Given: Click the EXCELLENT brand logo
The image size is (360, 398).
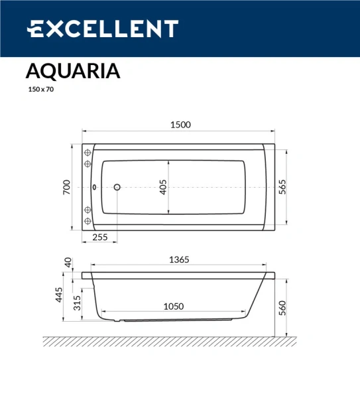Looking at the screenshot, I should pos(102,29).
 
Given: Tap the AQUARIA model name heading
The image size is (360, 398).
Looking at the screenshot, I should pos(73,71).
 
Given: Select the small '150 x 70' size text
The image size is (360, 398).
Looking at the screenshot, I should pos(40,89).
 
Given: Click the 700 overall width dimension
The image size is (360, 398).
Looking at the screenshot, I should pos(66,188).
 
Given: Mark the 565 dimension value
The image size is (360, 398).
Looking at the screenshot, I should pos(282,188).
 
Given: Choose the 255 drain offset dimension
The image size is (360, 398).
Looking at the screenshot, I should pos(100,237).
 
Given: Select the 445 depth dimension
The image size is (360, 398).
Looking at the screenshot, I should pos(59,295).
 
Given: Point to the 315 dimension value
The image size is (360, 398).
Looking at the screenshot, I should pos(77,303).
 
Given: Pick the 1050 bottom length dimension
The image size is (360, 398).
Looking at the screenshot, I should pos(173,306).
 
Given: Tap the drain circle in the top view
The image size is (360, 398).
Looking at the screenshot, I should pos(117,188).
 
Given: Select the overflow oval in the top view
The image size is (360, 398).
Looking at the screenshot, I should pos(94,188).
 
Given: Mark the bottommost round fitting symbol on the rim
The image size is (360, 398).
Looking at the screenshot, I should pos(87,222).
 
